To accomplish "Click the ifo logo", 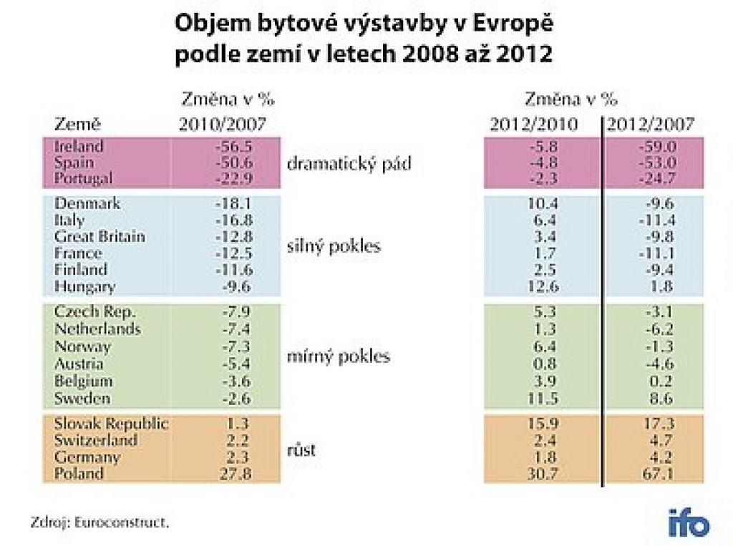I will click(x=689, y=522).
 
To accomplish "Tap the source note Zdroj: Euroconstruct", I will click(x=100, y=522).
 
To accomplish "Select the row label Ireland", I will click(x=79, y=146).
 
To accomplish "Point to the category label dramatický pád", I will click(x=349, y=163).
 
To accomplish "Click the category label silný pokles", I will click(x=334, y=247).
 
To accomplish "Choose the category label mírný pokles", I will click(x=338, y=356).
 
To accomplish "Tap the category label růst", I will click(x=302, y=451).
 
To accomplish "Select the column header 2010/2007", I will click(x=222, y=124).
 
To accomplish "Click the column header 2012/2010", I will click(x=534, y=124).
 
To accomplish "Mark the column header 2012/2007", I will click(x=651, y=124).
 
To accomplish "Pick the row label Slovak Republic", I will click(x=111, y=423).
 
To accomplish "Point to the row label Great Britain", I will click(x=99, y=236).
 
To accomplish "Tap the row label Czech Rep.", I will click(x=94, y=312).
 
